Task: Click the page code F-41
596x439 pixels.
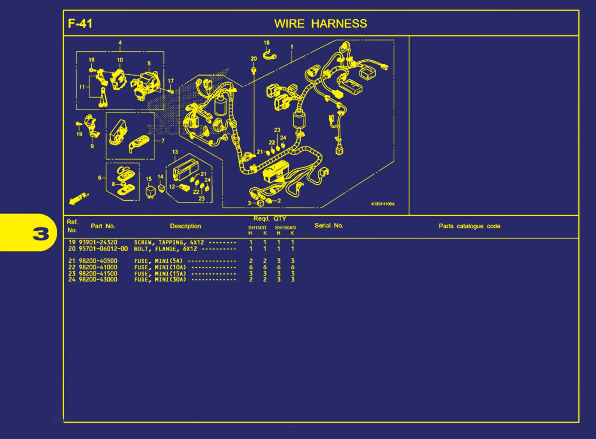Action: click(80, 23)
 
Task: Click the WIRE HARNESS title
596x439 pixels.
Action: click(321, 24)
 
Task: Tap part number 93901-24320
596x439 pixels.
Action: click(98, 242)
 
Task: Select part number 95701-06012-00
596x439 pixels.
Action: click(103, 249)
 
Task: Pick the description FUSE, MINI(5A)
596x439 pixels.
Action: click(159, 261)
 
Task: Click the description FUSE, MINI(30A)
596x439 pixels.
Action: click(160, 280)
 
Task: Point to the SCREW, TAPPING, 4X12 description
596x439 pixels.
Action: click(169, 243)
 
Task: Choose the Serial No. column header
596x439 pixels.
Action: click(329, 226)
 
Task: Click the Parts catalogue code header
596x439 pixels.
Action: click(469, 226)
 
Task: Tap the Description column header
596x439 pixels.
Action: click(185, 226)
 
